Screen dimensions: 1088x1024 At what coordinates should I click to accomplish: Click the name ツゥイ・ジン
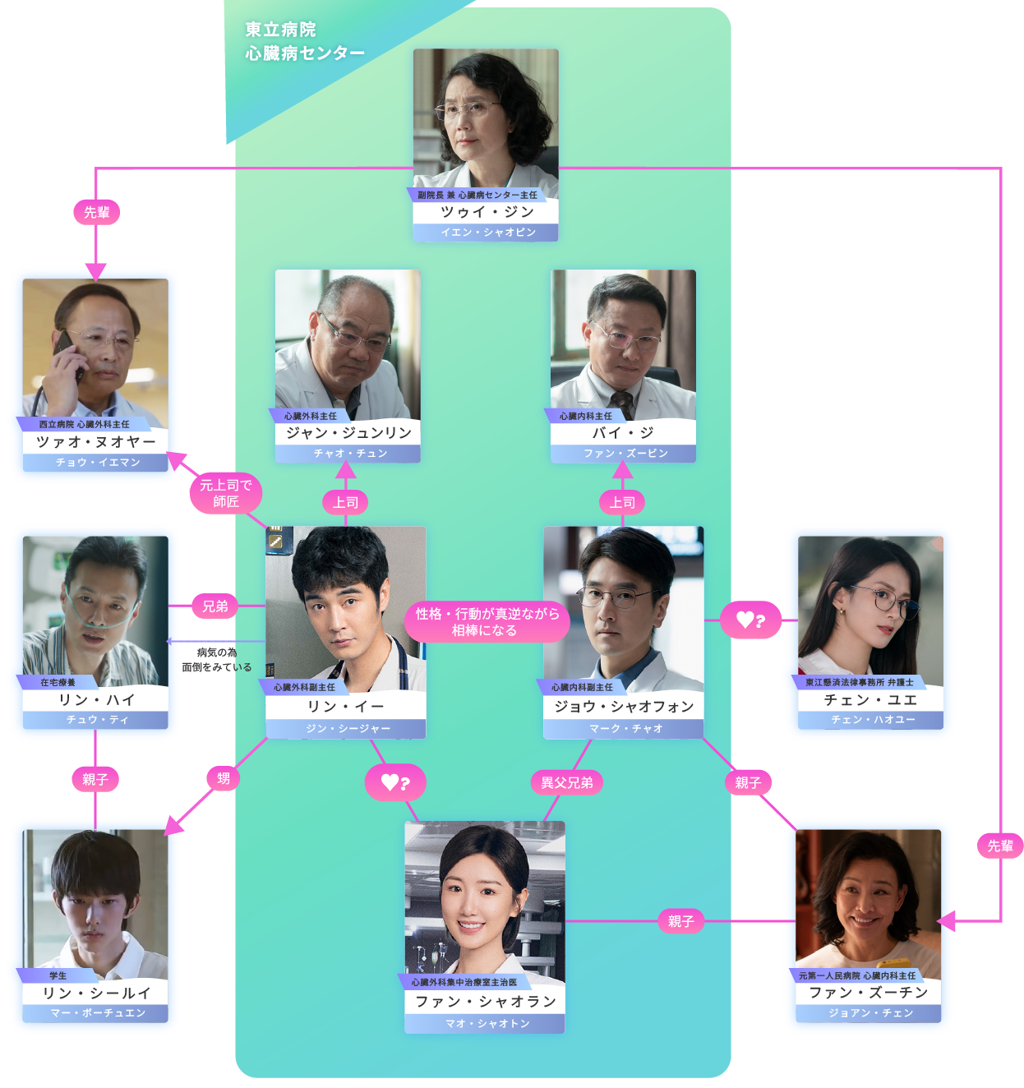[x=487, y=212]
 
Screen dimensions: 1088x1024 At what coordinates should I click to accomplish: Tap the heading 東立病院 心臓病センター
[x=303, y=41]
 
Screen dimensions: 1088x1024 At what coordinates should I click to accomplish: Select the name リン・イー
[x=345, y=707]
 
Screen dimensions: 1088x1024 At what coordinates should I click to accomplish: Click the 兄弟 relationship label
[x=215, y=606]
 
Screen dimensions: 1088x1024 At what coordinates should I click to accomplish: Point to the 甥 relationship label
[x=223, y=778]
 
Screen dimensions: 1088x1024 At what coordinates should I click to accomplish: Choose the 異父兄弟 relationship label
[x=566, y=782]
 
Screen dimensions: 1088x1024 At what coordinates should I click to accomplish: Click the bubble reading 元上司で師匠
[x=226, y=493]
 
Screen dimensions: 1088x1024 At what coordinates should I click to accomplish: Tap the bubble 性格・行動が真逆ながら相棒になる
[x=487, y=622]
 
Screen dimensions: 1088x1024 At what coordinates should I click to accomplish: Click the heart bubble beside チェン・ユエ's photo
[x=750, y=620]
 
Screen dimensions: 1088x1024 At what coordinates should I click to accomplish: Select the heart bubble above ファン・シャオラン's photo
[x=394, y=782]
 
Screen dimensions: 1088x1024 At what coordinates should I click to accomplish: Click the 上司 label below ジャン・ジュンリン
[x=346, y=502]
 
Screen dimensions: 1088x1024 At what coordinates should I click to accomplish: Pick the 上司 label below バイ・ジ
[x=622, y=502]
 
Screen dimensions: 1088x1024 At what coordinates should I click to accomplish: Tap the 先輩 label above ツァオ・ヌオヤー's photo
[x=96, y=212]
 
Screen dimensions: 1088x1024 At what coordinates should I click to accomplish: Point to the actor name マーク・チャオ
[x=625, y=729]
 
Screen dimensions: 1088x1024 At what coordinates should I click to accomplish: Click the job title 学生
[x=58, y=976]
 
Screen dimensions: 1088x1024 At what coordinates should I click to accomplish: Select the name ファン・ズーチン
[x=869, y=993]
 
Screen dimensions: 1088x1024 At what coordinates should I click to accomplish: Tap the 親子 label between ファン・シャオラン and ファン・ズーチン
[x=680, y=921]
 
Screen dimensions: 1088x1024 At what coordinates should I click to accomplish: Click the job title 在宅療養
[x=58, y=683]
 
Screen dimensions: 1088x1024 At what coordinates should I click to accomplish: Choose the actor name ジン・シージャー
[x=348, y=729]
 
